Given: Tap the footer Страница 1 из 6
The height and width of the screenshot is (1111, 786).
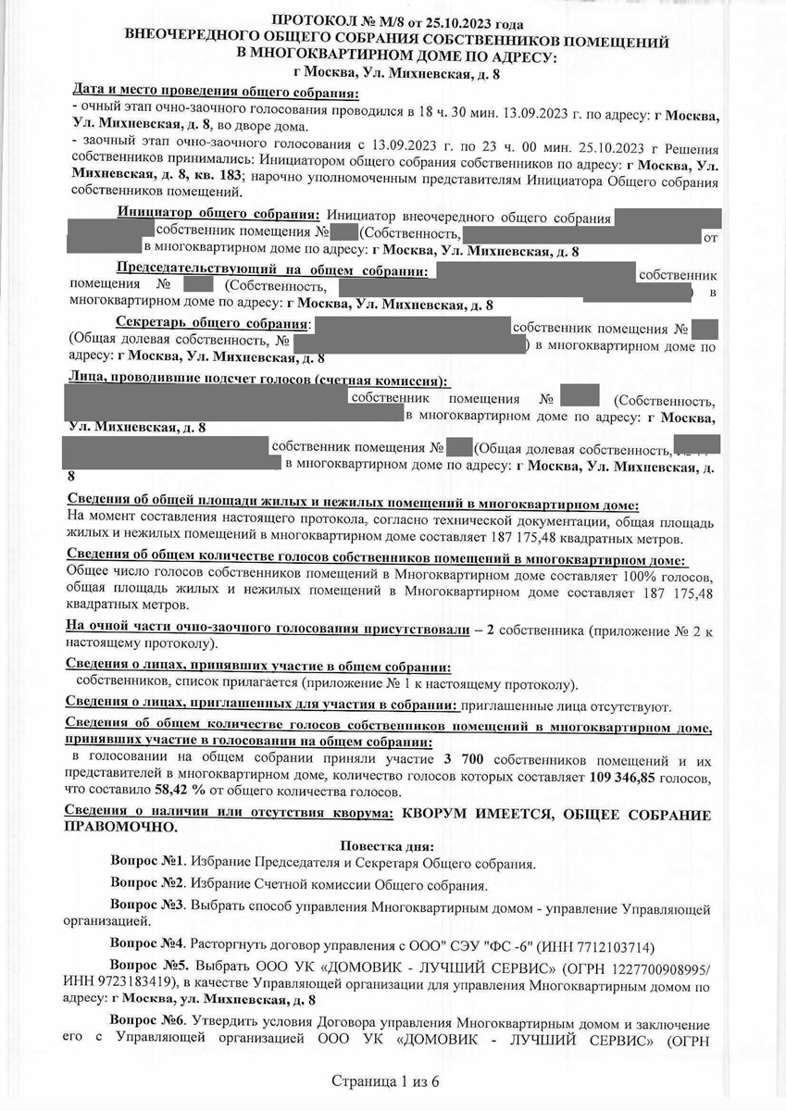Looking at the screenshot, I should pyautogui.click(x=393, y=1080).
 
